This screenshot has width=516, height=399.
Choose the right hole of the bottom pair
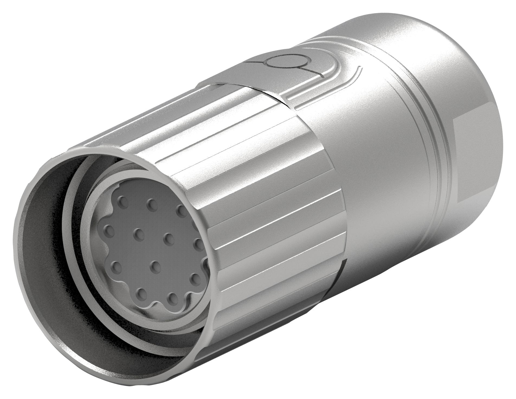172,294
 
